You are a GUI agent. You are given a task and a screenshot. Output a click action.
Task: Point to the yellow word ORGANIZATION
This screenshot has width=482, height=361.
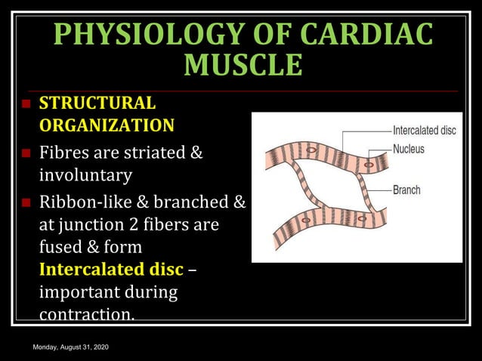tap(106, 125)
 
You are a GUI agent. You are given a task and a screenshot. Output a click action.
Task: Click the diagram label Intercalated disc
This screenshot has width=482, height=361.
tap(424, 131)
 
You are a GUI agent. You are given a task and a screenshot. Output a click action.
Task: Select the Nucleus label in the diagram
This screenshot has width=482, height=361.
tap(408, 149)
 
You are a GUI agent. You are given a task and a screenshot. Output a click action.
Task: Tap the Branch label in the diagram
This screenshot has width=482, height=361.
tap(406, 190)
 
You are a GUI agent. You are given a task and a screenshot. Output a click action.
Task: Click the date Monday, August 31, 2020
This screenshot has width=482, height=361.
tap(71, 346)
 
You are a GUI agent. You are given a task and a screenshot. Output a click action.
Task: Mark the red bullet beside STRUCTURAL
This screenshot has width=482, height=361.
tap(25, 103)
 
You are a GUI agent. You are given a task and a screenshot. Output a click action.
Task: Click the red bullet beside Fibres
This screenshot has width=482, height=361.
tap(25, 154)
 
